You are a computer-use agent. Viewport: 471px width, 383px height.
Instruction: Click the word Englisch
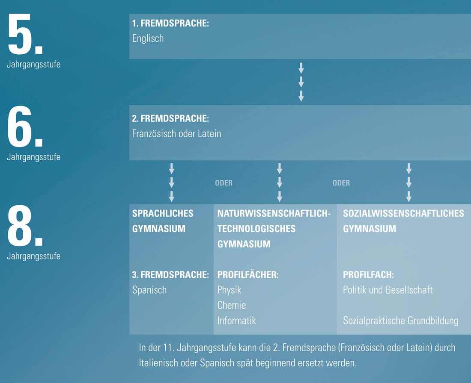pos(148,39)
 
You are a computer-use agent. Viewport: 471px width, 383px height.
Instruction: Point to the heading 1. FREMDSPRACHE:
pos(170,24)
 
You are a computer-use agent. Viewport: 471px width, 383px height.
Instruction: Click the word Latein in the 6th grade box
pos(209,133)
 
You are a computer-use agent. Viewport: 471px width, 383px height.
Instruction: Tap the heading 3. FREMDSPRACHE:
pos(170,275)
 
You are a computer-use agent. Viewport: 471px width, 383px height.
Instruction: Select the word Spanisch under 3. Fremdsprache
pos(149,290)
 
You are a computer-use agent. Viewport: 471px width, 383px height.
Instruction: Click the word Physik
pos(229,290)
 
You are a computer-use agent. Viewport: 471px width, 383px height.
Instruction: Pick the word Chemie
pos(232,305)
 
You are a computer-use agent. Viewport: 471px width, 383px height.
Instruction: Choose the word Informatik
pos(237,321)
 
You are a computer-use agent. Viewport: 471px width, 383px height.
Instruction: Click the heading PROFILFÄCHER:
pos(248,275)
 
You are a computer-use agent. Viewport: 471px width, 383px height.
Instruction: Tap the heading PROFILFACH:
pos(368,275)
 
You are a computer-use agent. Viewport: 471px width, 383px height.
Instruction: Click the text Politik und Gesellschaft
pos(388,290)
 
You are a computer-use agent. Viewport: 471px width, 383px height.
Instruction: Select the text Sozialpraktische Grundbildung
pos(401,321)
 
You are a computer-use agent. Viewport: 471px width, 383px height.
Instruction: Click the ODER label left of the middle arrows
pos(224,183)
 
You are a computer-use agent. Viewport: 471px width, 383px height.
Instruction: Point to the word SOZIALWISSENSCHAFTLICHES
pos(403,214)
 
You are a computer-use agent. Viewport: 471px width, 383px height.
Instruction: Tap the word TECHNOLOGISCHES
pos(256,229)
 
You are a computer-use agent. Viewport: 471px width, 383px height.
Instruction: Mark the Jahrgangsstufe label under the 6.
pos(34,157)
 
